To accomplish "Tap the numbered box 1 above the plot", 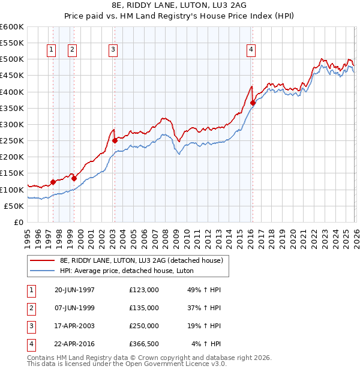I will point(51,50).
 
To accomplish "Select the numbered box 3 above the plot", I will point(113,50).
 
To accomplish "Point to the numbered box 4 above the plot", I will point(251,50).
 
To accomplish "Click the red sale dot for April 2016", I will point(253,103).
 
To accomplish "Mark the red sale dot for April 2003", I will point(115,141).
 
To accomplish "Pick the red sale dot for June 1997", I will point(53,182).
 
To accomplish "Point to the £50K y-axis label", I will point(14,206).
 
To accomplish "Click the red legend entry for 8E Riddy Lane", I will point(141,260).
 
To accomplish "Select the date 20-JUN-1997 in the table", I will point(74,290).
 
